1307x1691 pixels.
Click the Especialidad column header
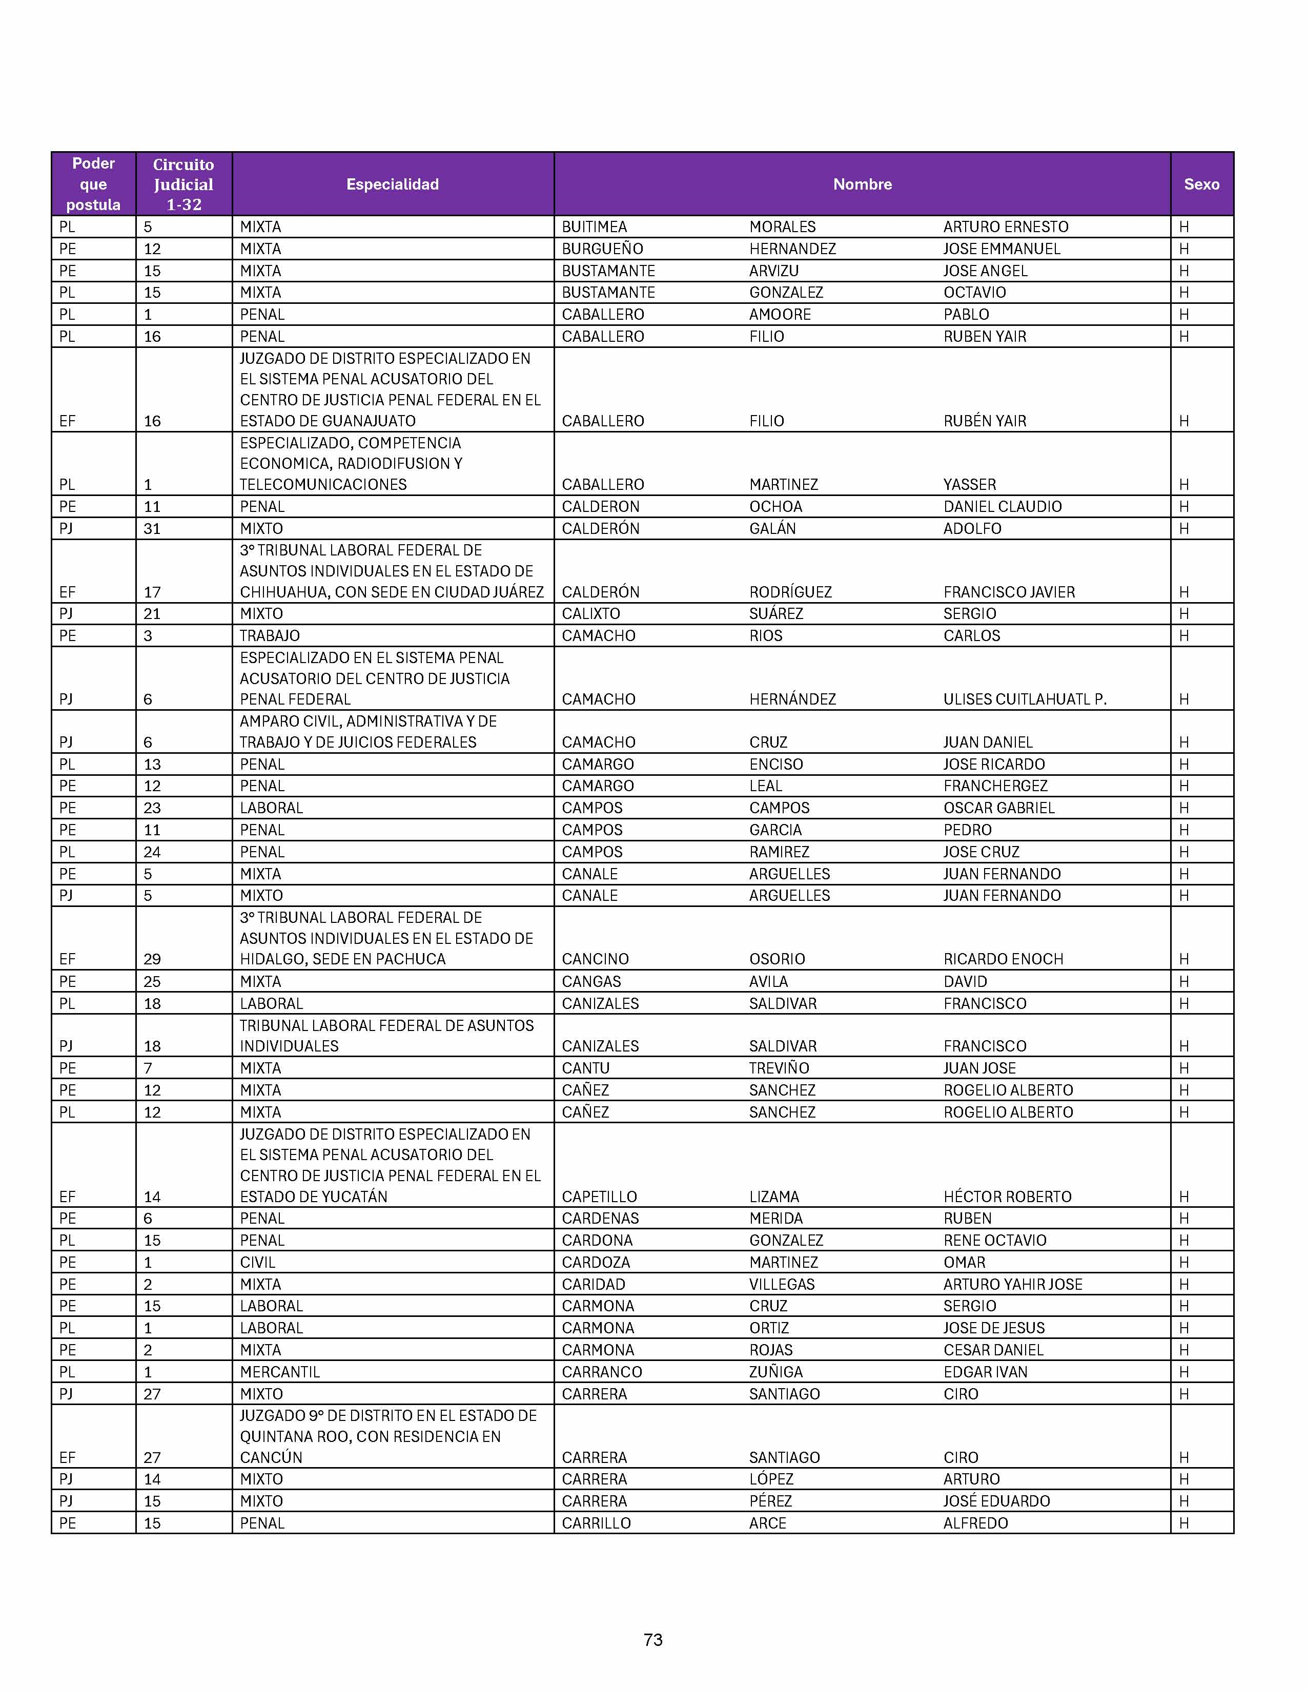tap(393, 184)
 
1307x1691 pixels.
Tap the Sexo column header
tap(1201, 184)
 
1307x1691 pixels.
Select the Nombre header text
tap(862, 184)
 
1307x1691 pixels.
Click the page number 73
tap(652, 1639)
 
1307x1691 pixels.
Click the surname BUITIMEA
tap(594, 227)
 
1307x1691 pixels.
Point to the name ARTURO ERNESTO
tap(1005, 227)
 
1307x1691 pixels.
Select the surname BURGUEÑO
tap(602, 249)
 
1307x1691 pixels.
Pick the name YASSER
tap(969, 485)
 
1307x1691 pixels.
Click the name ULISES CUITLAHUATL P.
tap(1025, 699)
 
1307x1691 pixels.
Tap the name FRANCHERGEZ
tap(995, 786)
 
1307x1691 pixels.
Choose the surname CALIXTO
tap(591, 614)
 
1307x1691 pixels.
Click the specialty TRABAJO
tap(270, 636)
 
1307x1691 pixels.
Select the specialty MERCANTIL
tap(279, 1372)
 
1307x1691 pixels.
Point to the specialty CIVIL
tap(257, 1262)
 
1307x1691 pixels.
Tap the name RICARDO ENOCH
tap(1003, 959)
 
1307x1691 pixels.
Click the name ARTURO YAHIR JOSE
tap(1012, 1285)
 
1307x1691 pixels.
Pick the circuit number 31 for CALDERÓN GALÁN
tap(152, 529)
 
